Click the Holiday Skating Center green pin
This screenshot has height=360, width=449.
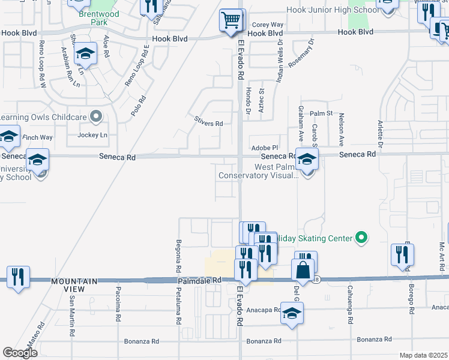[x=361, y=238]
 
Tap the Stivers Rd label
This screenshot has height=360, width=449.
[x=208, y=124]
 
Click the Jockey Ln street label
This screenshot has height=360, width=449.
[x=92, y=135]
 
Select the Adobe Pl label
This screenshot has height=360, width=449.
[x=265, y=147]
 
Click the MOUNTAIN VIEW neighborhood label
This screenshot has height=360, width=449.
[x=74, y=285]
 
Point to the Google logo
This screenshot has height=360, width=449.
[x=20, y=352]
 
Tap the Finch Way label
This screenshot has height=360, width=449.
[x=38, y=137]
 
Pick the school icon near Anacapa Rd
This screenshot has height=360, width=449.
[x=292, y=313]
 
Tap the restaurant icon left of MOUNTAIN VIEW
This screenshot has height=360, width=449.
[x=18, y=276]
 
